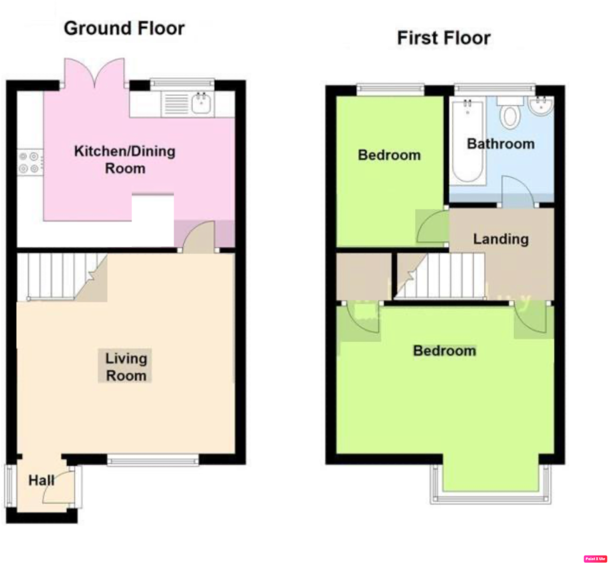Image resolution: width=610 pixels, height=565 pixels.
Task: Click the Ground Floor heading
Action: (x=124, y=29)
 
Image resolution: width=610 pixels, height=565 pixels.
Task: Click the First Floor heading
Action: (x=444, y=38)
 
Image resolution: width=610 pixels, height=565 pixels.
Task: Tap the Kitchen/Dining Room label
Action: (x=125, y=160)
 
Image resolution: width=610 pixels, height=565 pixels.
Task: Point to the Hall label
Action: (x=41, y=481)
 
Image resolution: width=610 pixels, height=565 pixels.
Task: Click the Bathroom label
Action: (x=501, y=144)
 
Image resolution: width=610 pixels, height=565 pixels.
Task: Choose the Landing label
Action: (x=501, y=239)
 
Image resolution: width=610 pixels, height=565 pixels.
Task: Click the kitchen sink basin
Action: (x=201, y=103)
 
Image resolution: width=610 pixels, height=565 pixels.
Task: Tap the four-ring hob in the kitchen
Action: (x=29, y=162)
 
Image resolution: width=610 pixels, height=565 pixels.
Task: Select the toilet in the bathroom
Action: (x=510, y=114)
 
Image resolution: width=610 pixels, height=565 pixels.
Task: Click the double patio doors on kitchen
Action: (x=95, y=74)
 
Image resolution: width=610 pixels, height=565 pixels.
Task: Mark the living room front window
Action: (x=153, y=460)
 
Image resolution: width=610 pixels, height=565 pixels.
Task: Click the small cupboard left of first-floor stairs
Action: (x=364, y=276)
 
